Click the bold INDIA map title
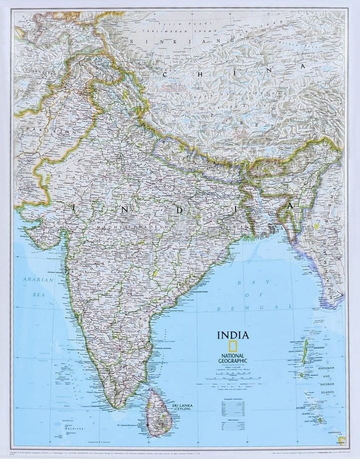(232, 335)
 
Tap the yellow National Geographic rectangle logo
(232, 346)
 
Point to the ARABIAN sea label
(38, 279)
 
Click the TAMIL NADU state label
(128, 370)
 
